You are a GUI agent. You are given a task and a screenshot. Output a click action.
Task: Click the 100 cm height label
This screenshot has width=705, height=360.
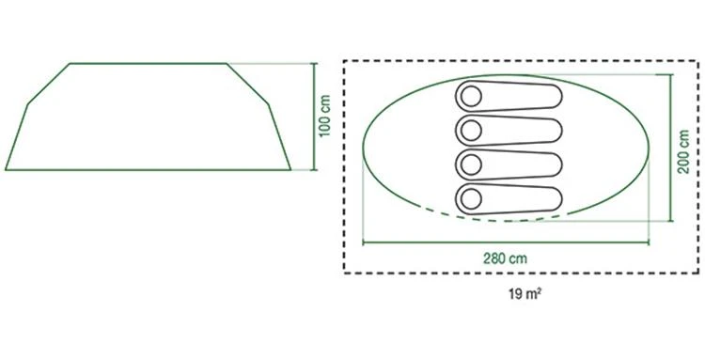coord(324,116)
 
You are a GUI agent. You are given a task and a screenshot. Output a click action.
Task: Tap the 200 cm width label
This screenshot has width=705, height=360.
coord(684,151)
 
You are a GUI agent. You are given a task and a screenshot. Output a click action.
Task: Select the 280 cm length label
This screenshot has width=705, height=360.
coord(505,258)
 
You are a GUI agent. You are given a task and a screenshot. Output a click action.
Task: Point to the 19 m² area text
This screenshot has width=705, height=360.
coord(525,294)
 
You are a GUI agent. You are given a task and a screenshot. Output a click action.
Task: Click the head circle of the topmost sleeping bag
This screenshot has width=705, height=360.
coord(471,97)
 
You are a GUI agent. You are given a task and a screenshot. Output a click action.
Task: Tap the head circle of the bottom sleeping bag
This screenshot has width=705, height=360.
coord(471,198)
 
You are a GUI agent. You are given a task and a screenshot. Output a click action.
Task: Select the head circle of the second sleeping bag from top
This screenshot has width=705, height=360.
coord(471,131)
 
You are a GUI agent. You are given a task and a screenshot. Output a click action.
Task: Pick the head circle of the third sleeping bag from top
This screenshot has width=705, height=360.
coord(471,164)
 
